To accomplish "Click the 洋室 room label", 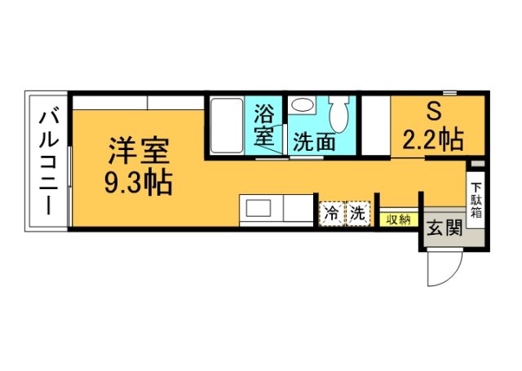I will tap(139, 152).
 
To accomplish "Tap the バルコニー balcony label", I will tap(47, 163).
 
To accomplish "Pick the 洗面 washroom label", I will tap(314, 142).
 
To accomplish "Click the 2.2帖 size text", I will tap(432, 140).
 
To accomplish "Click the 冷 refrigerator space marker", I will tap(330, 214).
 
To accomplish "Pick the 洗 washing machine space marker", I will tap(357, 214).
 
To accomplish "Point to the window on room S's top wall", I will tap(472, 94).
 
